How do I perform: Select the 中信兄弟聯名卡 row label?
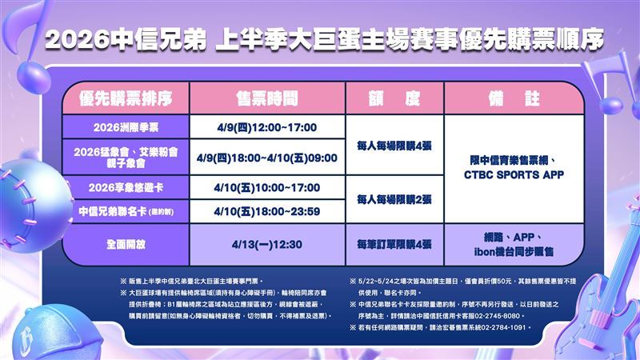[126, 211]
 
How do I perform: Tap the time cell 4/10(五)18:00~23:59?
[266, 211]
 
